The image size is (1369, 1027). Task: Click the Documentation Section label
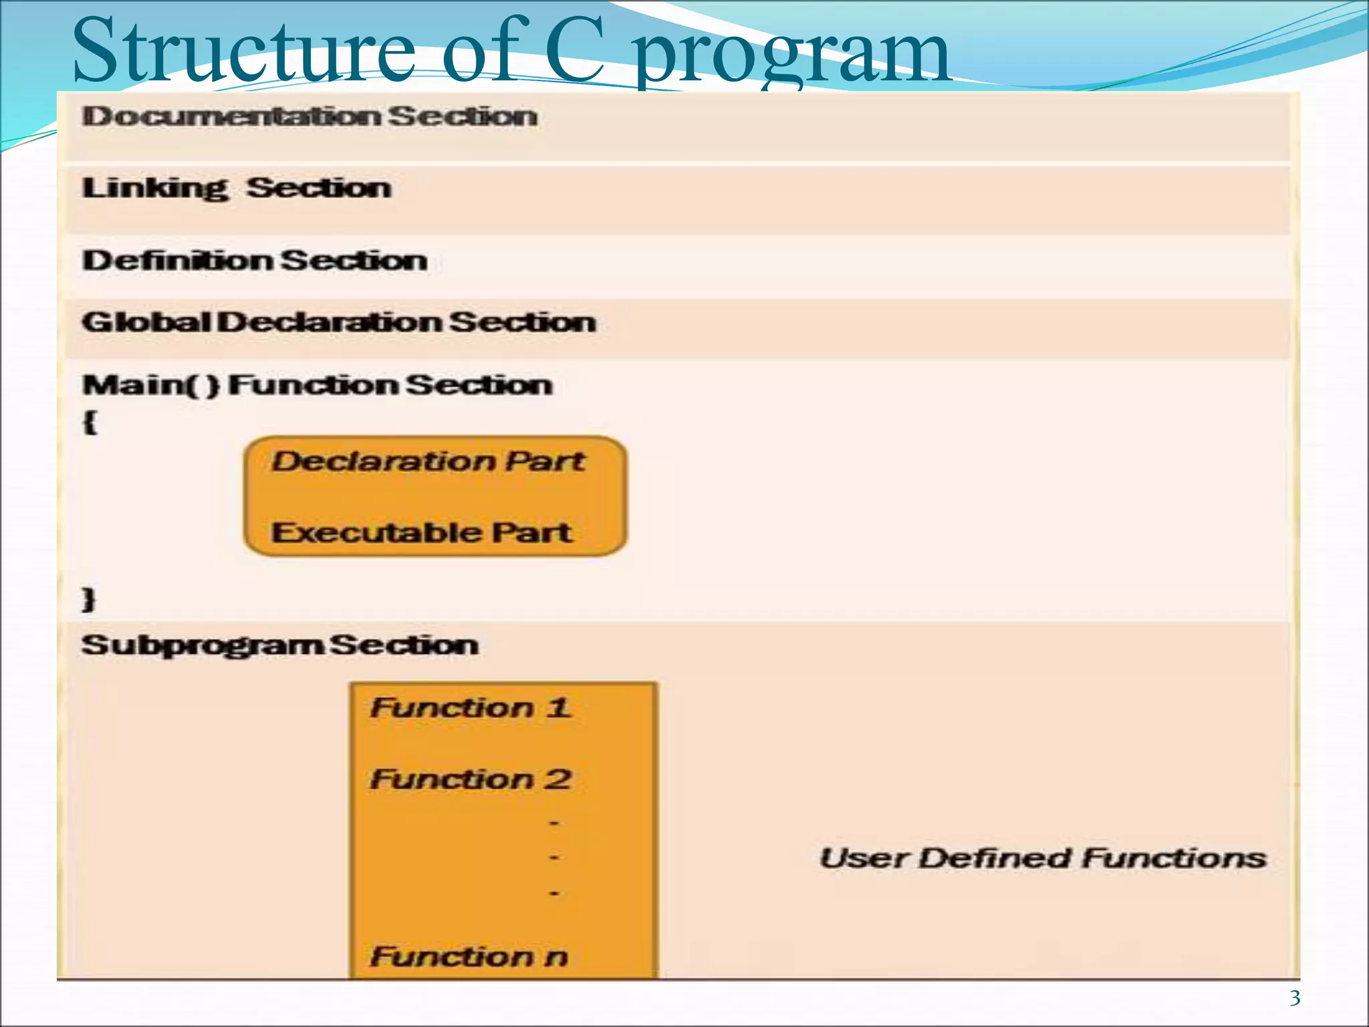[309, 116]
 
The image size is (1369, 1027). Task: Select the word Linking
[155, 189]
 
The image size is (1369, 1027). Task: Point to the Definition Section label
[255, 260]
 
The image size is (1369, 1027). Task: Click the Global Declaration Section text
[339, 322]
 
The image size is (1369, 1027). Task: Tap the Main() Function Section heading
[318, 385]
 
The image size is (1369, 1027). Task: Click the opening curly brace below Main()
[90, 423]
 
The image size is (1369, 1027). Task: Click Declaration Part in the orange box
[428, 461]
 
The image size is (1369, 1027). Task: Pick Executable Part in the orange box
[422, 533]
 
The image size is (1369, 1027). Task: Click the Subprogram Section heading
[279, 645]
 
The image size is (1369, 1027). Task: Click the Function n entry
[469, 956]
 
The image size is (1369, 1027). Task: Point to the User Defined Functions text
[1043, 858]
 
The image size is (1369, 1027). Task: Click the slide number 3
[1295, 998]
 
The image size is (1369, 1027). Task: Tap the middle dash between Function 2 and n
[553, 857]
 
